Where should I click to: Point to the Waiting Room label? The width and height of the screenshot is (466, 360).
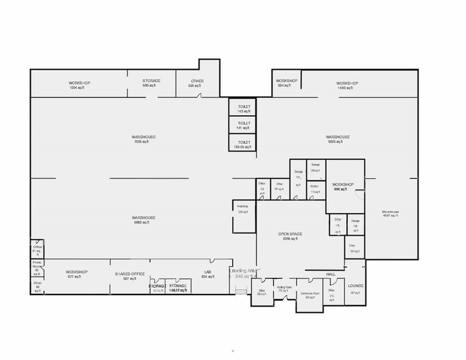point(283,288)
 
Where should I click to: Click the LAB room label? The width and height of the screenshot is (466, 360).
point(208,274)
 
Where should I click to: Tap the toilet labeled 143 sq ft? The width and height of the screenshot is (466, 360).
point(243,108)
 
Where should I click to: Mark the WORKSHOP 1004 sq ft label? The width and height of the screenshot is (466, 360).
point(79,84)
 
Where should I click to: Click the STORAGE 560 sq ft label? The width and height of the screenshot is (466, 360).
point(151,83)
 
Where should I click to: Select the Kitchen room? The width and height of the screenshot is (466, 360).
point(315,188)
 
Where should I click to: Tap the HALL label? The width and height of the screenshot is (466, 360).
point(331,274)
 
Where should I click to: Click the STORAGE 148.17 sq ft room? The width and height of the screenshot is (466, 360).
point(178,288)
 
